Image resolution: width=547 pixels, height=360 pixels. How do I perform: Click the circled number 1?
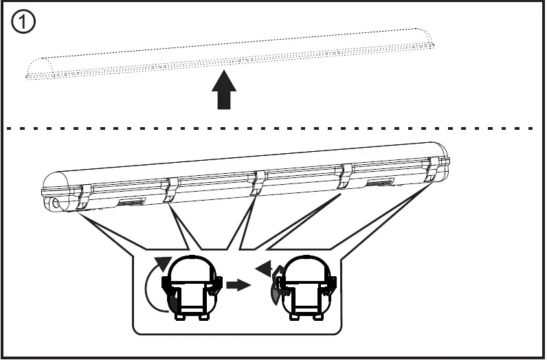(x=23, y=22)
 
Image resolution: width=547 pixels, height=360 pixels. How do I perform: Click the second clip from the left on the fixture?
(x=170, y=189)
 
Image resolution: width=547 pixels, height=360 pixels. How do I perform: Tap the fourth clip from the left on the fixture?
(x=346, y=175)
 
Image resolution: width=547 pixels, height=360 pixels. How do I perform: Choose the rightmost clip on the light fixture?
(x=433, y=168)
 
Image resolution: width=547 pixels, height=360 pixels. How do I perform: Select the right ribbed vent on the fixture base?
(x=379, y=182)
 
